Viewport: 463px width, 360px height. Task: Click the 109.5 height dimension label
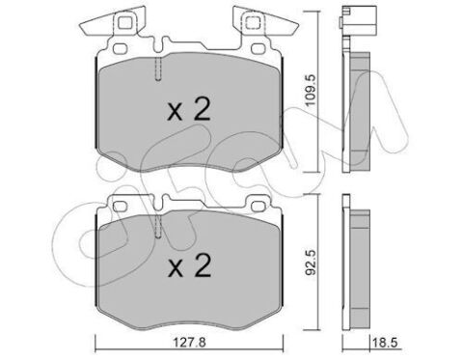click(312, 91)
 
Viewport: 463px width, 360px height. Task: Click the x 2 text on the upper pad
click(189, 109)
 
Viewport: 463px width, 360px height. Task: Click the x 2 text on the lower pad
click(189, 265)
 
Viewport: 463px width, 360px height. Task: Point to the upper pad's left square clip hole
click(124, 23)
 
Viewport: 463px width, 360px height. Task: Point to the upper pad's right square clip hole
click(252, 23)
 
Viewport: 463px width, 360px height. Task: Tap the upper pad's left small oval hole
click(121, 48)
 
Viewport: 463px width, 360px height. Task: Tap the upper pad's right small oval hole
click(258, 48)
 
